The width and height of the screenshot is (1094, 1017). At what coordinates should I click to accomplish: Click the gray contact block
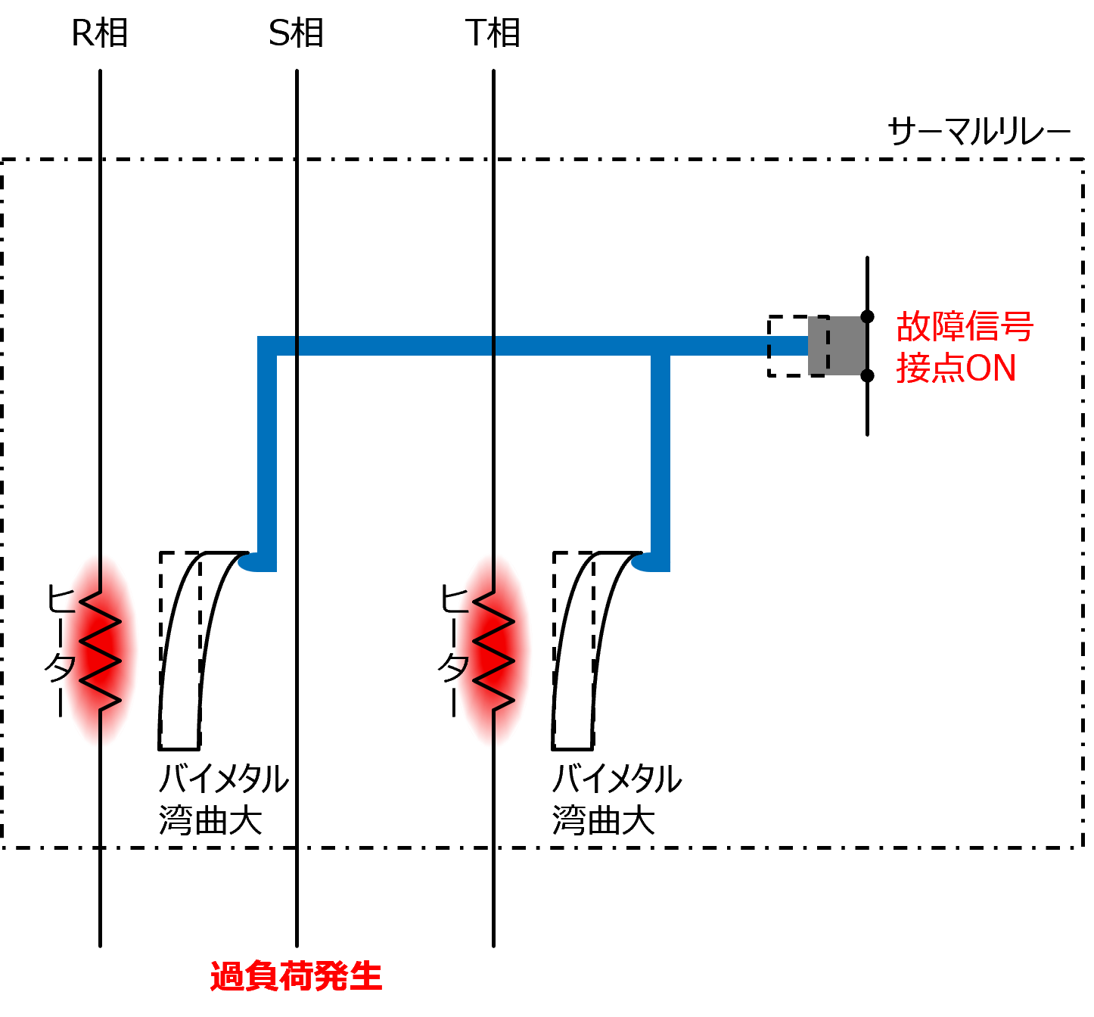coord(836,346)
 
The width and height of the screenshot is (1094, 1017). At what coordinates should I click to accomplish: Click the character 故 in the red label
coord(914,327)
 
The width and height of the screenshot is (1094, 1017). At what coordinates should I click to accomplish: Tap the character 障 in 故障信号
coord(948,327)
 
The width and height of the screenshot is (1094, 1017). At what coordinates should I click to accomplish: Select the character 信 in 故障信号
coord(983,327)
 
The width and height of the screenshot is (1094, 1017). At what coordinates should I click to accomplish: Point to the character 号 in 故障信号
coord(1017,327)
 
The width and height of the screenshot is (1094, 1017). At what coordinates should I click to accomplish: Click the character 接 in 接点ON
coord(914,369)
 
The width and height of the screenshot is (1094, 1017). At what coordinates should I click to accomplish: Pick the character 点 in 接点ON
coord(948,369)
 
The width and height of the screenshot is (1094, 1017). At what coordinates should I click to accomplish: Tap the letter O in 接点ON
coord(979,369)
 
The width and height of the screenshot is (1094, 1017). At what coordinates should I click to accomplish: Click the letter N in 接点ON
coord(1003,369)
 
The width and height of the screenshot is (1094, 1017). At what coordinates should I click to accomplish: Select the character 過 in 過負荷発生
coord(226,976)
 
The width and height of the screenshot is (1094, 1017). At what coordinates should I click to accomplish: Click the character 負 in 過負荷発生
coord(261,976)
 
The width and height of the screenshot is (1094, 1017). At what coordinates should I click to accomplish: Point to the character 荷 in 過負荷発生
coord(296,976)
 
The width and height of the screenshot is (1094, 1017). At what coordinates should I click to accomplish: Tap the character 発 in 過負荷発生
coord(331,976)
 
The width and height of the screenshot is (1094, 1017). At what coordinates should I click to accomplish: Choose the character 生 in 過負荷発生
coord(365,976)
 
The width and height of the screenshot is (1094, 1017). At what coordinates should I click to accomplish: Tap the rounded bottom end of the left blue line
coord(253,563)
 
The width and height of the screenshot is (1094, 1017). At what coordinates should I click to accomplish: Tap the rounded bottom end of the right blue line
coord(646,563)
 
